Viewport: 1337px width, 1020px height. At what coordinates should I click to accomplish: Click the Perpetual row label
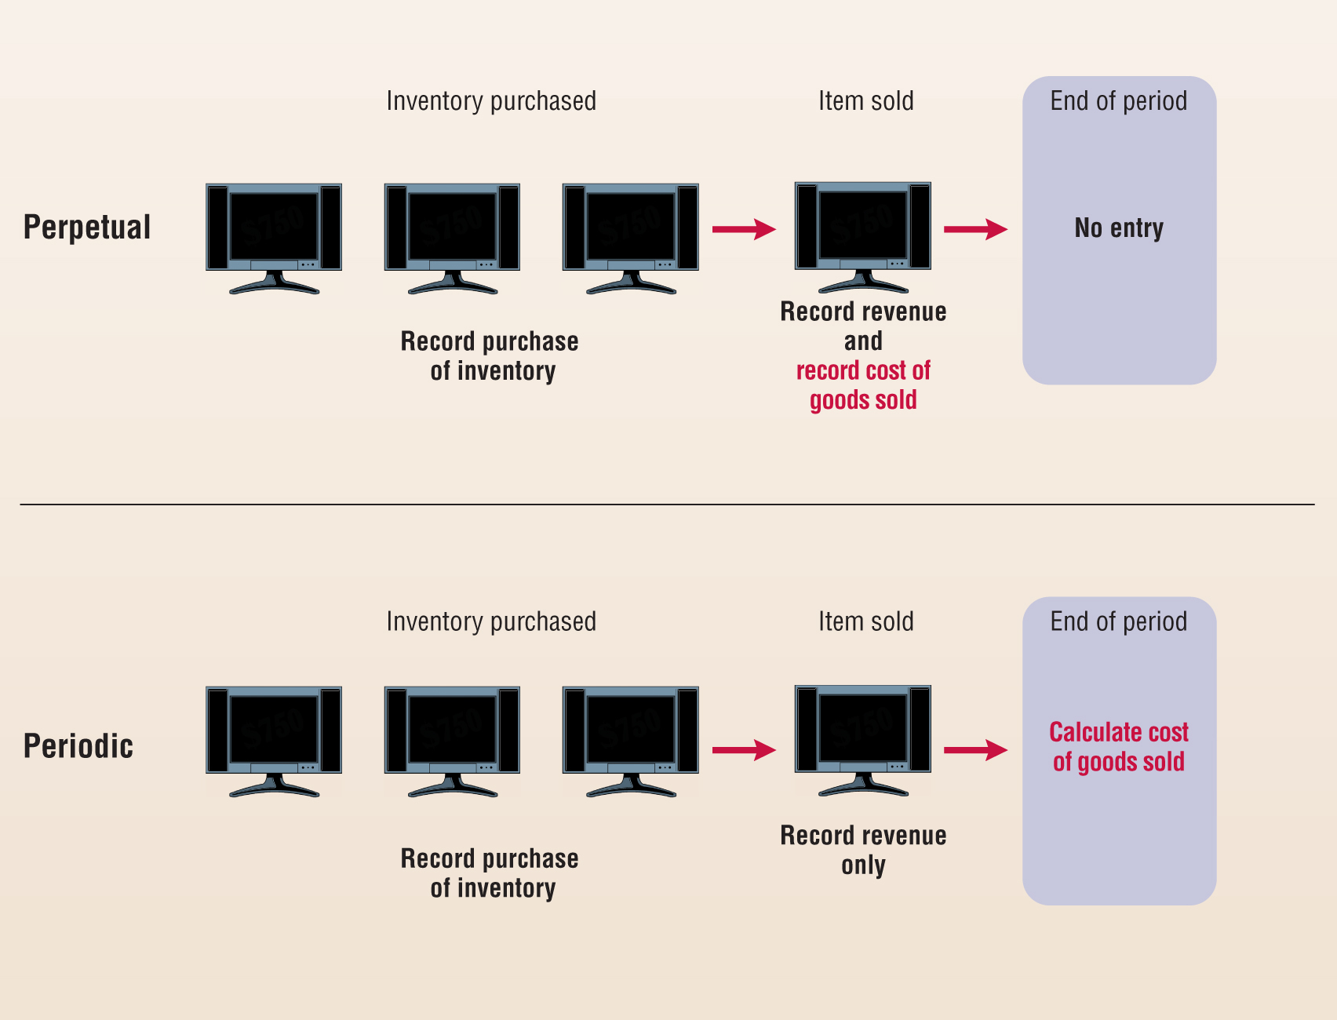(x=87, y=228)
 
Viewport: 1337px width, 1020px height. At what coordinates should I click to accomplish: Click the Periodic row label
(x=78, y=746)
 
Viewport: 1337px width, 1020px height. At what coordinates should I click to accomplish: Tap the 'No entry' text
(x=1119, y=228)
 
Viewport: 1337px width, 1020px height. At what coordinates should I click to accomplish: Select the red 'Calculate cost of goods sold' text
(x=1119, y=747)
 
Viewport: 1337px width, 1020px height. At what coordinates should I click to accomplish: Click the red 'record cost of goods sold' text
(x=863, y=385)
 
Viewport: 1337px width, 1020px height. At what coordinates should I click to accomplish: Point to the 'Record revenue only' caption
(x=863, y=850)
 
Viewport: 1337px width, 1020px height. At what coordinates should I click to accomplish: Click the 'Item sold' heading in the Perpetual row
(x=866, y=101)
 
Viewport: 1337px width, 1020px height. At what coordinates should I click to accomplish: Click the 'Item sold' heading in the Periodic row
(x=866, y=621)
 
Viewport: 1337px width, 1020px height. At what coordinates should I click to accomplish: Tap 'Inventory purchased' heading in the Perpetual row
(x=491, y=101)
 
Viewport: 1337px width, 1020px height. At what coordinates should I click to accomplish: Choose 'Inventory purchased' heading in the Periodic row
(x=491, y=621)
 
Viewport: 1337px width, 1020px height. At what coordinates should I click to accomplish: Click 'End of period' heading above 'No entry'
(x=1119, y=101)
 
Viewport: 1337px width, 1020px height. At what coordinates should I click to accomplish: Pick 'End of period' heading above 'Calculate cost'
(x=1119, y=621)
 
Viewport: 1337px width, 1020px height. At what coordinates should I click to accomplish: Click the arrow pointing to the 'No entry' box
(x=975, y=229)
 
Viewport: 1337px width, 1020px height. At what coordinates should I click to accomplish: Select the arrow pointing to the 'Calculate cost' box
(x=975, y=750)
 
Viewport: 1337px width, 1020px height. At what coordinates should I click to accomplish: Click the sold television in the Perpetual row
(x=863, y=235)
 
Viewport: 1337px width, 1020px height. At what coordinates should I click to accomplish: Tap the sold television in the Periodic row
(x=863, y=738)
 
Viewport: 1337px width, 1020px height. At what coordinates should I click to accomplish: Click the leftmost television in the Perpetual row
(x=274, y=235)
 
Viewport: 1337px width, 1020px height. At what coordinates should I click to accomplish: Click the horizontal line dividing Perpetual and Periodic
(x=667, y=505)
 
